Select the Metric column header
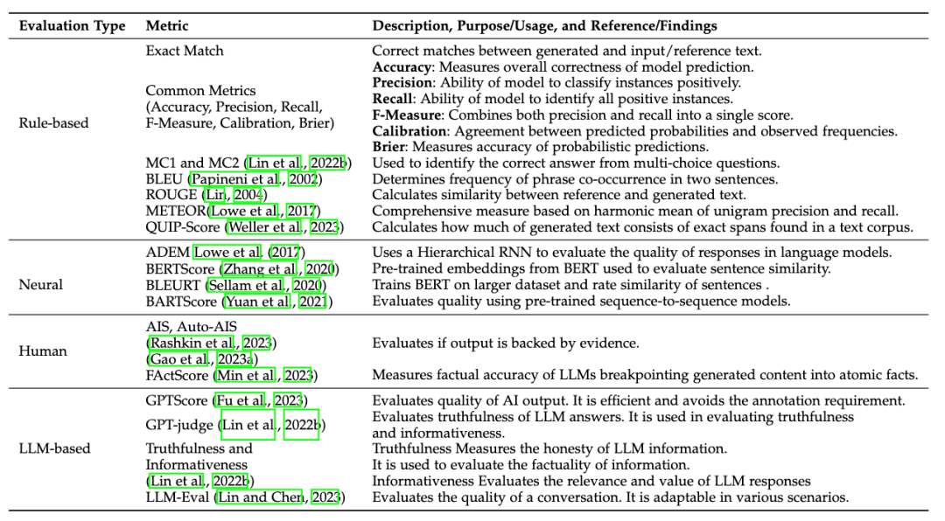pos(166,26)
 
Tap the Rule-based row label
pos(53,123)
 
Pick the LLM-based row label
pos(54,448)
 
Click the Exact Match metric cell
pos(185,51)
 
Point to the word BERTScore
pos(182,269)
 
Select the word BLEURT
pos(174,284)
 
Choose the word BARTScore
pos(182,302)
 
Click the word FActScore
pos(178,375)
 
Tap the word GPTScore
pos(178,400)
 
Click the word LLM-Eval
pos(176,497)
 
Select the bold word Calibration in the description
pos(407,131)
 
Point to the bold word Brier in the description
pos(389,147)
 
